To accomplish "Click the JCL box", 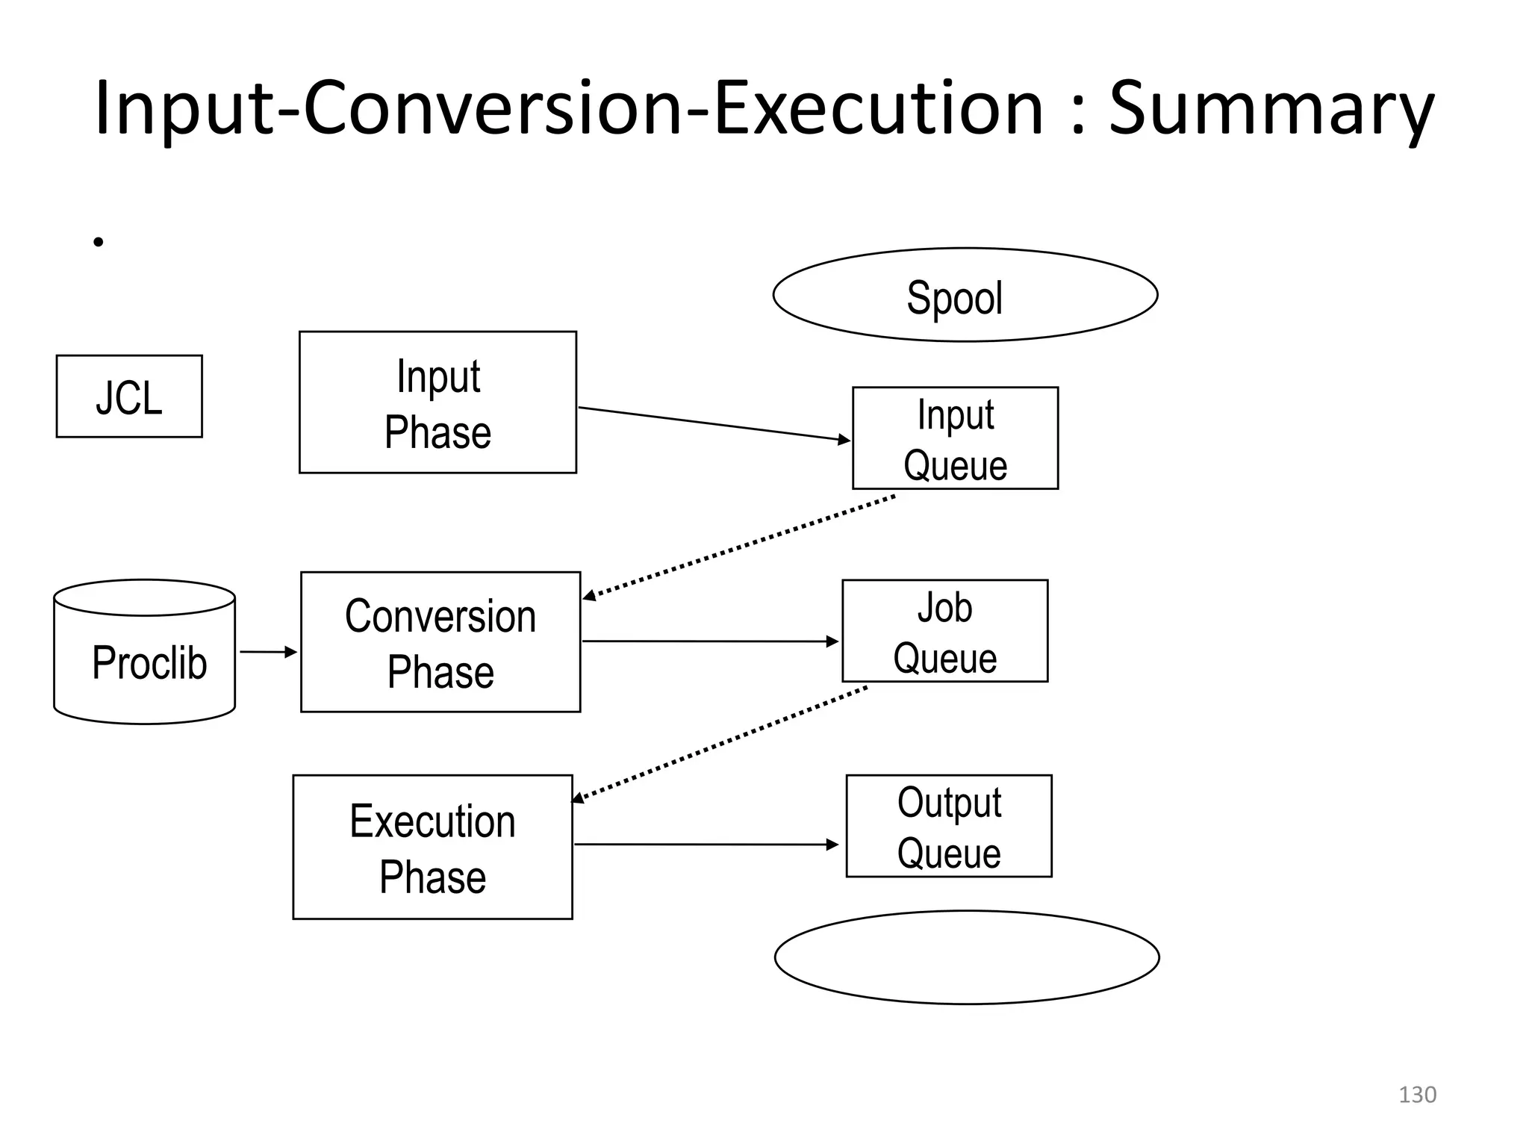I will coord(129,397).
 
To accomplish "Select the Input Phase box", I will coord(437,402).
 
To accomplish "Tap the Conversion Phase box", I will coord(440,642).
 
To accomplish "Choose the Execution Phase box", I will coord(432,847).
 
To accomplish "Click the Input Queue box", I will coord(955,438).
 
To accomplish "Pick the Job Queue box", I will coord(944,631).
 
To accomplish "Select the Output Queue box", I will coord(948,826).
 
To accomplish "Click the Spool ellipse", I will coord(965,295).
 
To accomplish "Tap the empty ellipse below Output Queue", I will coord(966,957).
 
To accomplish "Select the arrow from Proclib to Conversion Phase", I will coord(268,652).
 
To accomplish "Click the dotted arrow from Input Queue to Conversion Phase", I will coord(739,547).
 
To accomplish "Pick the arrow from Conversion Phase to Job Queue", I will coord(709,641).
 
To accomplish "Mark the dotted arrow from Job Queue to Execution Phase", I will coord(720,744).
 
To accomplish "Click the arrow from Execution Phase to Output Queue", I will coord(706,845).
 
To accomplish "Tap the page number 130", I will coord(1416,1095).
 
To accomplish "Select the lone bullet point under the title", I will coord(99,242).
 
